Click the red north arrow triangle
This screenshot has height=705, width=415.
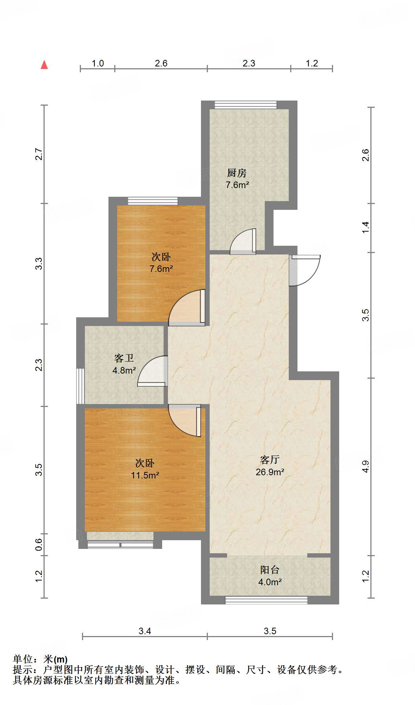44,65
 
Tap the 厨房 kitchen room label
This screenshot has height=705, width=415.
237,173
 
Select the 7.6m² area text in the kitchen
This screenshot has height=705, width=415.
237,185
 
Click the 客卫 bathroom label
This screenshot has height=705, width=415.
124,358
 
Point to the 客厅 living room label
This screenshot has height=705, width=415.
270,460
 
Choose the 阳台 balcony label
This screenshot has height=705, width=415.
270,570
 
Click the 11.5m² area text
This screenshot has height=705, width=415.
145,475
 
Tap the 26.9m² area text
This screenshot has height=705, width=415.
270,472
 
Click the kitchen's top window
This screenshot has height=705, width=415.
246,105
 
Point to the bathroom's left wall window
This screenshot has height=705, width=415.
80,386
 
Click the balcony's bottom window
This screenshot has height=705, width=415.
266,600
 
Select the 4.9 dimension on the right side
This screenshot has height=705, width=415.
365,466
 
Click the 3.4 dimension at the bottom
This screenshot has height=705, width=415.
144,631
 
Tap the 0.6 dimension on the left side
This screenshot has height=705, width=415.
39,544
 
